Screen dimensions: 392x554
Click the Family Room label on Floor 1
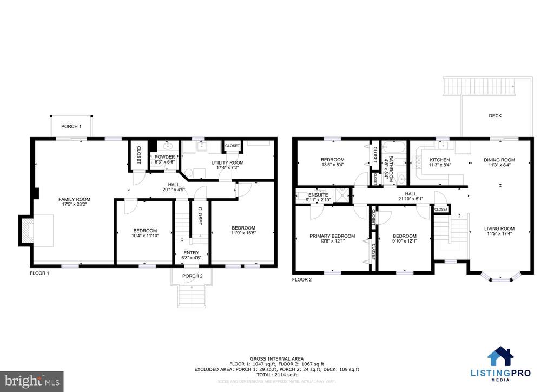point(74,199)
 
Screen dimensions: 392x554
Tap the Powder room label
point(165,157)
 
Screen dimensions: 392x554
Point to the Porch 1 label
point(71,127)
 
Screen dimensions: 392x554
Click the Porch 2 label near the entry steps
point(192,276)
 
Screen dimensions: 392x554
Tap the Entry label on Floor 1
point(191,253)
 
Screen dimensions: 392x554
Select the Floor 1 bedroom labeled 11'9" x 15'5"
point(243,228)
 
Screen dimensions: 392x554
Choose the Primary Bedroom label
point(332,236)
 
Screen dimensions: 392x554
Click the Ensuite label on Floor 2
point(318,195)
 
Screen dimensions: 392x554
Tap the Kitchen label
point(440,160)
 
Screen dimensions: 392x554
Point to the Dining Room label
point(499,160)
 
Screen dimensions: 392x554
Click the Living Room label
point(499,228)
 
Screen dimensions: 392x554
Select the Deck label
point(495,115)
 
